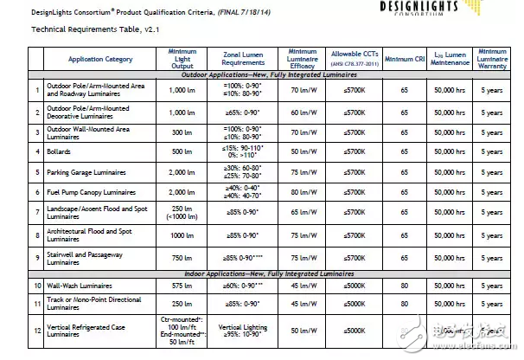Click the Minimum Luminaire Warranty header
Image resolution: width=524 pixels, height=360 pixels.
coord(491,58)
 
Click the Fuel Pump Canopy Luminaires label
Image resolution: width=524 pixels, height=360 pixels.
coord(92,191)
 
